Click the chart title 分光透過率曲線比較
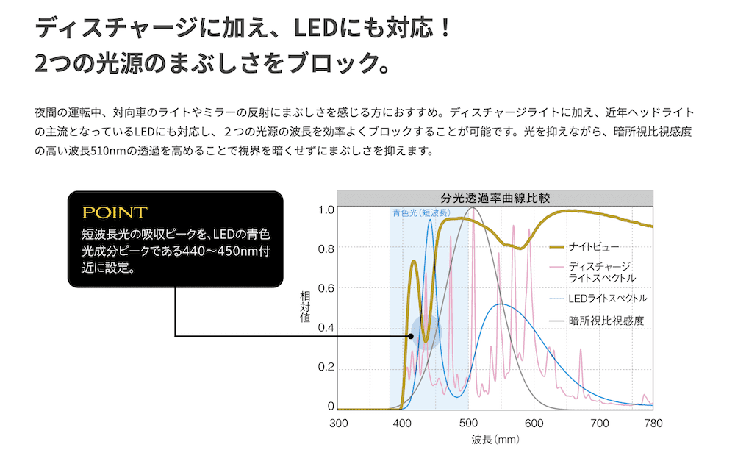click(x=495, y=199)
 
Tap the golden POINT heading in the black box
click(x=115, y=213)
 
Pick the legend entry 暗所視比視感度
click(x=606, y=321)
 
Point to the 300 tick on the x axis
click(x=338, y=424)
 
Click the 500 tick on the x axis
click(x=468, y=424)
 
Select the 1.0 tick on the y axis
click(x=326, y=210)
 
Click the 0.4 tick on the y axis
click(x=326, y=328)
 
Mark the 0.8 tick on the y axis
click(x=326, y=249)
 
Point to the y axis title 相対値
click(x=305, y=308)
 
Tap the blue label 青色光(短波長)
click(x=420, y=213)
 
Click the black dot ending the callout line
click(x=411, y=337)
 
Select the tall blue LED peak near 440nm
click(x=430, y=221)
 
